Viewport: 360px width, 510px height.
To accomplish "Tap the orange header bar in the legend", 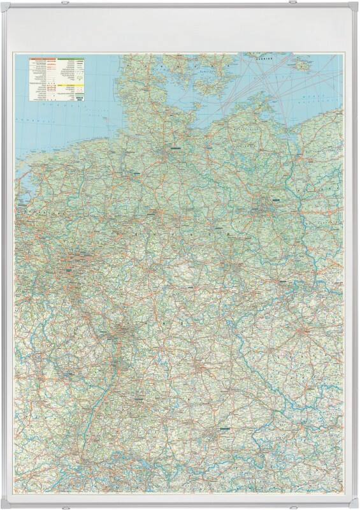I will (x=43, y=59).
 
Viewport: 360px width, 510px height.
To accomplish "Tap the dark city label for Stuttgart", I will (x=139, y=397).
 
